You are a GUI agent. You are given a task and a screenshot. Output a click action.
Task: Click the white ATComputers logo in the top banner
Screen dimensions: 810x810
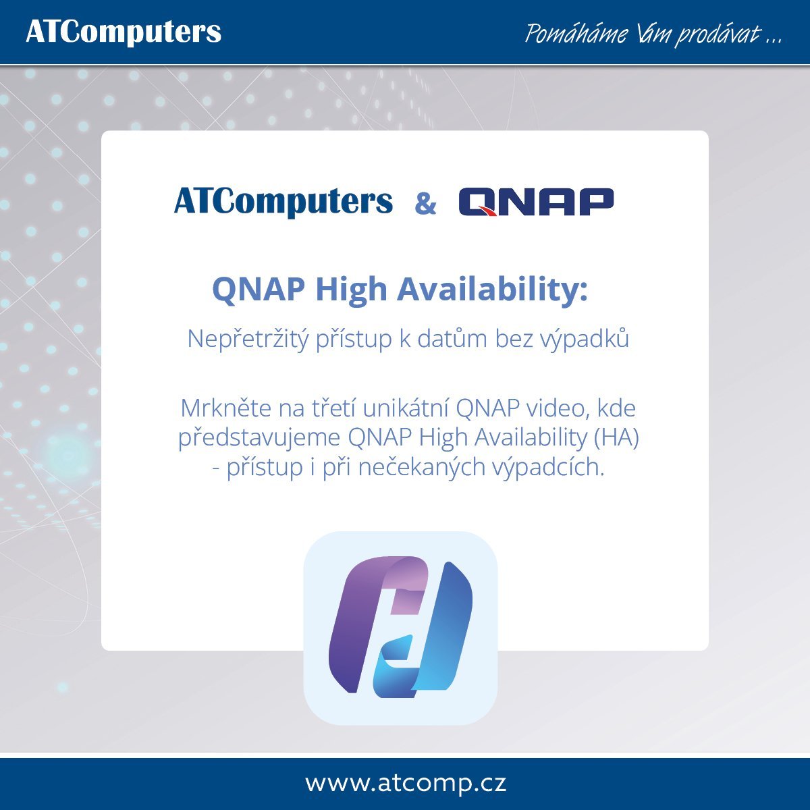124,33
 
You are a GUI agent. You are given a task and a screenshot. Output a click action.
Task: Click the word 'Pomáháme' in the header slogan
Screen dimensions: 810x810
576,34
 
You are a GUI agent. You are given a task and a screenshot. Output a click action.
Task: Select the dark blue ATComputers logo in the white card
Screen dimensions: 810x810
283,202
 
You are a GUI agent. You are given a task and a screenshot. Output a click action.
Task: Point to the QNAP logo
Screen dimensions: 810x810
536,202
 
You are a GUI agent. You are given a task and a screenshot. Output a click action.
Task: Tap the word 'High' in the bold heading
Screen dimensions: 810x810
351,290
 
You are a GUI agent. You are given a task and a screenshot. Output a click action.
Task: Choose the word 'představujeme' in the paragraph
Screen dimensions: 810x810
259,438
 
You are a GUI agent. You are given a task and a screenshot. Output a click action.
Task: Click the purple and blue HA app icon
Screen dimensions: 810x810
400,628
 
